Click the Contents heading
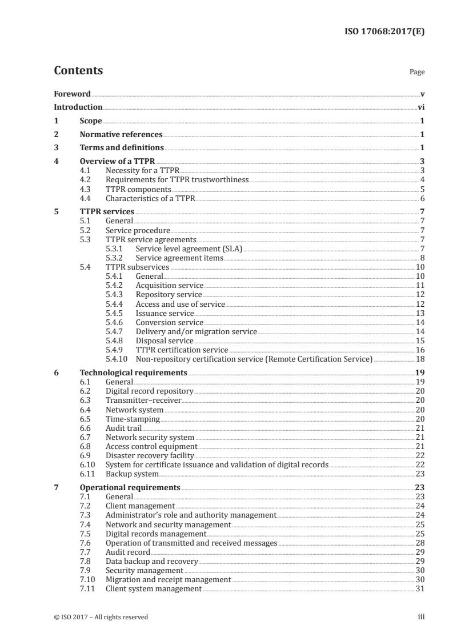[x=78, y=71]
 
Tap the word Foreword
[x=72, y=94]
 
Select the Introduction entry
[x=78, y=107]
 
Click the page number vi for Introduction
[x=420, y=107]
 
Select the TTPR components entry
[x=138, y=189]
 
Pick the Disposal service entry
[x=165, y=340]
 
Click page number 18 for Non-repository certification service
[x=420, y=359]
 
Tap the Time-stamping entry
[x=133, y=418]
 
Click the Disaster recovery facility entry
[x=150, y=455]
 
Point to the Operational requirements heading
[x=130, y=487]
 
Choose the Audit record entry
[x=128, y=552]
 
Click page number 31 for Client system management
[x=420, y=588]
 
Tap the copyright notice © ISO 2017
[x=101, y=617]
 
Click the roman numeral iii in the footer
[x=421, y=617]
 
